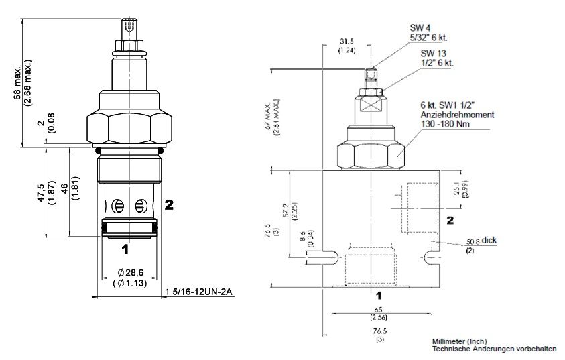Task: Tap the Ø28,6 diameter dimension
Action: [x=130, y=272]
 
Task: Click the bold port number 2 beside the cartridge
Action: [x=170, y=204]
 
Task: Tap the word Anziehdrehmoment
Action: [x=458, y=115]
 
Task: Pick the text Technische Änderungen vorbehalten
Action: [x=494, y=349]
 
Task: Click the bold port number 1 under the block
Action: [x=379, y=294]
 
